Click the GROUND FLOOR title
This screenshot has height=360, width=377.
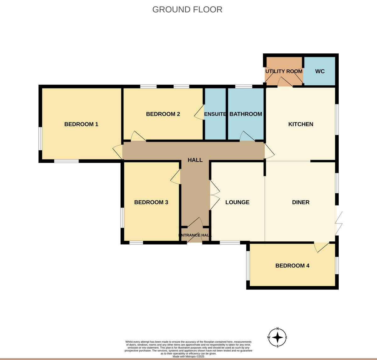click(x=187, y=9)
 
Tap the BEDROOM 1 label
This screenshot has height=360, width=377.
click(x=81, y=124)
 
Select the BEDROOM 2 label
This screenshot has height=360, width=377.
click(x=163, y=114)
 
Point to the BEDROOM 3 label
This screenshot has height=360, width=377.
click(x=151, y=202)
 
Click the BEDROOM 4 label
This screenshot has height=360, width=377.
click(x=292, y=266)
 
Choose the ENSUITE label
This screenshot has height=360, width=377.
click(x=215, y=114)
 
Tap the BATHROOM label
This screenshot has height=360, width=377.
click(x=246, y=114)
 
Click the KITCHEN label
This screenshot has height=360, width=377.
click(x=301, y=124)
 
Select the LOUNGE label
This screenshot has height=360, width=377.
click(x=237, y=202)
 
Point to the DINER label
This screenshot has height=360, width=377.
click(x=301, y=202)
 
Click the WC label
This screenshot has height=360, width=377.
click(x=320, y=71)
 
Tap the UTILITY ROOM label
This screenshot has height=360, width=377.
click(x=284, y=71)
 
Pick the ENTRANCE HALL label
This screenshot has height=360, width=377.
click(x=195, y=235)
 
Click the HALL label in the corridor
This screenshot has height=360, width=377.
click(x=195, y=160)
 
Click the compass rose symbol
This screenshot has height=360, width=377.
click(x=277, y=338)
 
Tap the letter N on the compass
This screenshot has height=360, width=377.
click(x=277, y=329)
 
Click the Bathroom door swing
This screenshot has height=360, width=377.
click(x=247, y=136)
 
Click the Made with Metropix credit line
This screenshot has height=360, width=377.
click(x=188, y=356)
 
